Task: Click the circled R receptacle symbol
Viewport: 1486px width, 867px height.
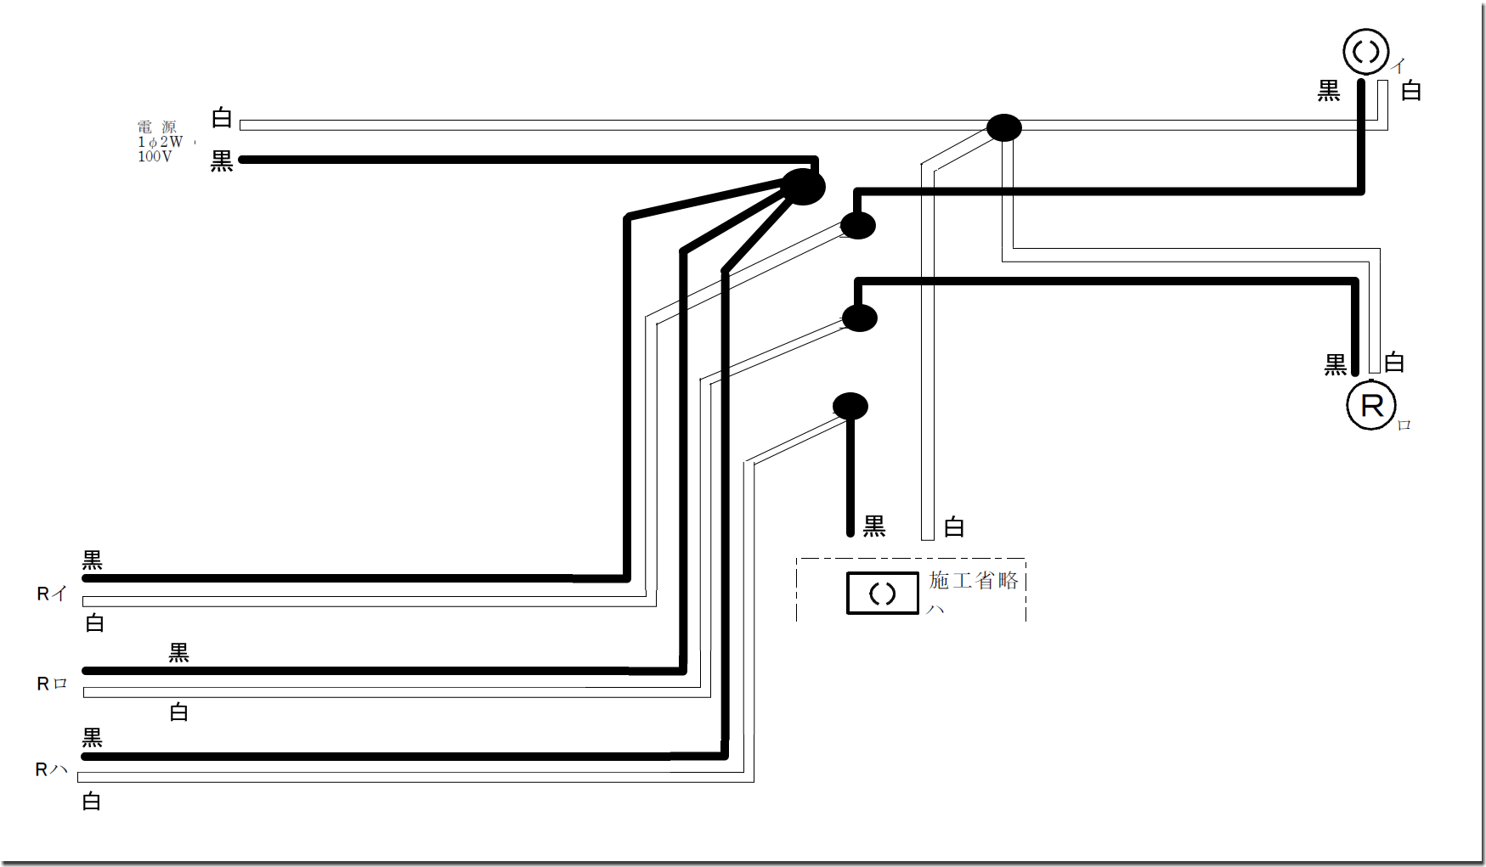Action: point(1371,406)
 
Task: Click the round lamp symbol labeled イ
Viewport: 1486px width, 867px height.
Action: point(1365,52)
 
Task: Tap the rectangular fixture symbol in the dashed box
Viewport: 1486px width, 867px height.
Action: point(882,593)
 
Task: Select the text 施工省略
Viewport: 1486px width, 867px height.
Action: point(974,581)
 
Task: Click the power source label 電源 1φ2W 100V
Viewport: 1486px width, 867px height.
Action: point(160,142)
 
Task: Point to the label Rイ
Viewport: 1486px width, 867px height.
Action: point(51,594)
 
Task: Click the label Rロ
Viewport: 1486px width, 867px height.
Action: point(51,684)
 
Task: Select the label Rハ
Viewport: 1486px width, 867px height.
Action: point(51,769)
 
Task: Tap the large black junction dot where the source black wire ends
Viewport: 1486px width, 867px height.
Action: point(803,187)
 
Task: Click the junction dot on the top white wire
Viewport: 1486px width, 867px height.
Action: point(1003,128)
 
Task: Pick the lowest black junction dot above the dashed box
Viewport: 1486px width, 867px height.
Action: point(850,406)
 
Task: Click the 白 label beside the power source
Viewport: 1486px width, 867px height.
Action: point(222,118)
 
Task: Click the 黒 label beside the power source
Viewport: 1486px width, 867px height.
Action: point(222,161)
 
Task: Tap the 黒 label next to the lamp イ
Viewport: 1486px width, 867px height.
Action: point(1328,91)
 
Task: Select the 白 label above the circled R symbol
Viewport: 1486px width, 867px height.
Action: point(1394,363)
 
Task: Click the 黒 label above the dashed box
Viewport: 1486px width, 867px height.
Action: point(874,526)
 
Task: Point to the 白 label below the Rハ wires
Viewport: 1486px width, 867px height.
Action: point(92,802)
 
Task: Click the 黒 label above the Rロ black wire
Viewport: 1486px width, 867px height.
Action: point(178,652)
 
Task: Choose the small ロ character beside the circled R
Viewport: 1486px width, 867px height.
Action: point(1404,425)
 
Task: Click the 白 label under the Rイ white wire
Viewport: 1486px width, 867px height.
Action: point(95,623)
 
